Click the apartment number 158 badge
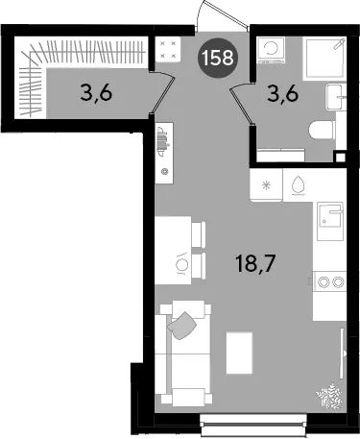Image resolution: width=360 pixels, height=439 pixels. pos(217,59)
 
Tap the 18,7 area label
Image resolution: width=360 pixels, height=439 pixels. pos(255,264)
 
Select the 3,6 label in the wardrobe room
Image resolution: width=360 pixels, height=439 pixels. pos(96,94)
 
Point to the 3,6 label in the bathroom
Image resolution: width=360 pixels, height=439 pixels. pos(283,94)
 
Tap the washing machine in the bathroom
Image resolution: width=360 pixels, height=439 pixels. pos(272,50)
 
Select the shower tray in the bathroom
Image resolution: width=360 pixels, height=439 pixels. pos(324,59)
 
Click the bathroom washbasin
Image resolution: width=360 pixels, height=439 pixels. pos(336,97)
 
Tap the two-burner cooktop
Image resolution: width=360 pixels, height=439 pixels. pos(329,281)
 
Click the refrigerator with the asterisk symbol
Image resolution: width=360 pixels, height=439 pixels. pos(266,185)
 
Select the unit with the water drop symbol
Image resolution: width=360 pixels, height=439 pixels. pos(298,185)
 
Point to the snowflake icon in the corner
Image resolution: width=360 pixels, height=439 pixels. pos(329,396)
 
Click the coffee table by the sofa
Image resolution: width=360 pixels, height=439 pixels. pos(239,353)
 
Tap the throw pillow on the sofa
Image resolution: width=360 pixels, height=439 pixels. pos(182,326)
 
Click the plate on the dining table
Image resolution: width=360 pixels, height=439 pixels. pos(181,264)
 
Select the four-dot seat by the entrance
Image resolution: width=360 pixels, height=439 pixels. pos(168,49)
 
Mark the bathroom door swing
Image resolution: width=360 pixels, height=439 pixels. pos(242,102)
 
